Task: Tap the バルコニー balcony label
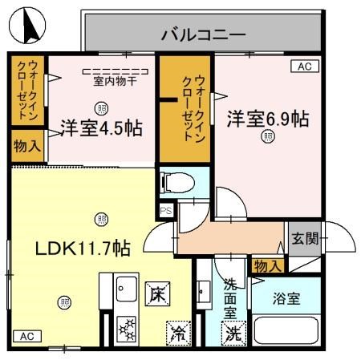pos(202,34)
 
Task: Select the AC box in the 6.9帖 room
pos(304,67)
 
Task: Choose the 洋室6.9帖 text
pos(267,118)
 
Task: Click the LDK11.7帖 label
pos(71,249)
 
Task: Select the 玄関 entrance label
pos(304,237)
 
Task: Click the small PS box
pos(166,210)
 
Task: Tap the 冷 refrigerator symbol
pos(177,330)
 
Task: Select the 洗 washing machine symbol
pos(233,330)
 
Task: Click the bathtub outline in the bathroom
pos(286,332)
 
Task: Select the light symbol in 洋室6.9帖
pos(266,137)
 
